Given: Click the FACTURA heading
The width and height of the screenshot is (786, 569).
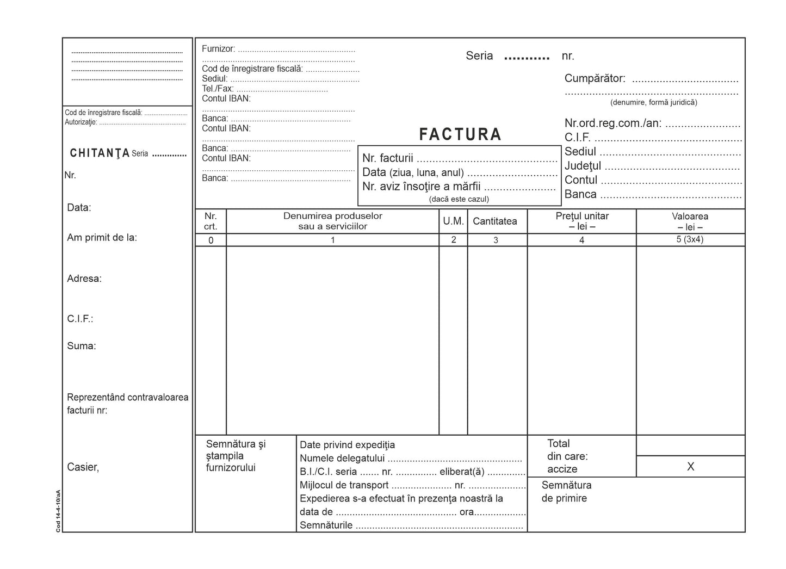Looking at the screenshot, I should click(460, 134).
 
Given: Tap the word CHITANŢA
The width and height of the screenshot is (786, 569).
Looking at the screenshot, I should click(100, 153).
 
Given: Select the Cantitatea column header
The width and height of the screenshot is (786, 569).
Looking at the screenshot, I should click(494, 221).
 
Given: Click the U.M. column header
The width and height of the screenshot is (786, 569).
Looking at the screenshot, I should click(453, 221).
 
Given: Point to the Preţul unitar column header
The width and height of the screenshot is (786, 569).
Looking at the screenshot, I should click(581, 221).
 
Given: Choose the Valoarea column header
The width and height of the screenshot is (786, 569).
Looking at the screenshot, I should click(690, 221).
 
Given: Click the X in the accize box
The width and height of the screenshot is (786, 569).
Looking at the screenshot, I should click(690, 467).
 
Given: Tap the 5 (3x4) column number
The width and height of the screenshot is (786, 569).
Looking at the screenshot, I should click(690, 239).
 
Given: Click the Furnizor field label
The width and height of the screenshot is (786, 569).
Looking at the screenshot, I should click(218, 49).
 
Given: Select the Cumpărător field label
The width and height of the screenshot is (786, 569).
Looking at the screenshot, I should click(595, 78).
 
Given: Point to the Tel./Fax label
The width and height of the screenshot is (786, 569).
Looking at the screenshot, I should click(218, 89).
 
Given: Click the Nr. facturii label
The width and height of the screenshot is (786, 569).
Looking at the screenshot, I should click(388, 158).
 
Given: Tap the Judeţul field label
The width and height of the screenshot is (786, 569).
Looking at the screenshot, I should click(583, 166).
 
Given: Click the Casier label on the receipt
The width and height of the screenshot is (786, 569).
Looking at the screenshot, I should click(83, 467).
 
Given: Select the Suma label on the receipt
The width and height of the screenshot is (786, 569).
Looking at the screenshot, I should click(82, 346).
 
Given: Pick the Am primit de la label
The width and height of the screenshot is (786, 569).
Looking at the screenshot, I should click(102, 238).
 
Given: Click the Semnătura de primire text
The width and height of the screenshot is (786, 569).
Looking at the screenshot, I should click(566, 492).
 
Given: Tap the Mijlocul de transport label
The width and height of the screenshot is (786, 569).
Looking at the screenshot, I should click(344, 485).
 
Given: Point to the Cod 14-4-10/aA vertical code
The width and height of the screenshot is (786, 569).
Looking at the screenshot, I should click(58, 511).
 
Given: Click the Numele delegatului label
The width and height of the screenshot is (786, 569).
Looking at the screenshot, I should click(342, 458).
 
